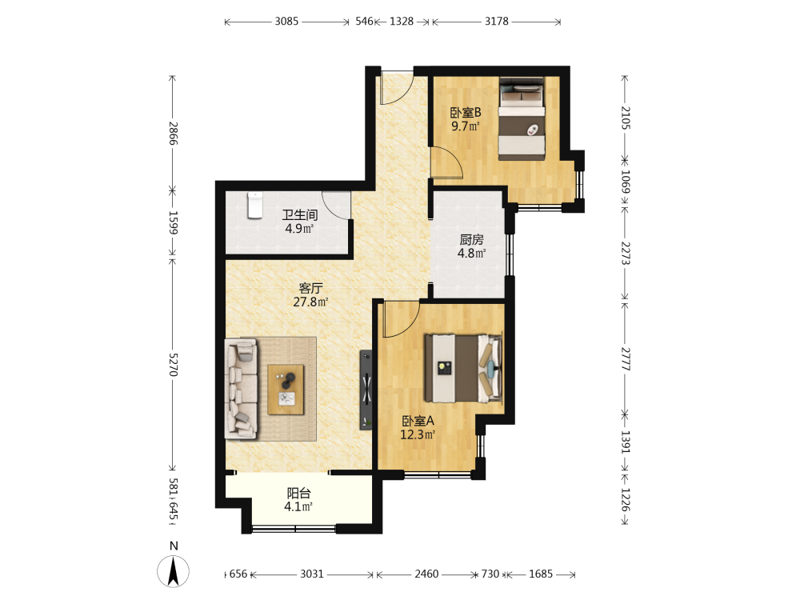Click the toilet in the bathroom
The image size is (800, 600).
coord(254,205)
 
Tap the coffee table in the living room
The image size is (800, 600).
coord(286,390)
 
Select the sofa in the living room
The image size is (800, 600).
coord(241,388)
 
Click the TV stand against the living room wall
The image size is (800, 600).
coord(366,390)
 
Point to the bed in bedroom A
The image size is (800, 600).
coord(463,368)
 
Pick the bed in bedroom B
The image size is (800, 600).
coord(522,119)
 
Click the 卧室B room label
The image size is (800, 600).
coord(466,112)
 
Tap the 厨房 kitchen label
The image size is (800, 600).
coord(471,239)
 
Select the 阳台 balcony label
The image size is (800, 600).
coord(298,494)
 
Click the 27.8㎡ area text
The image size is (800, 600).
coord(310,302)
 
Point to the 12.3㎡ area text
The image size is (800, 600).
coord(418,434)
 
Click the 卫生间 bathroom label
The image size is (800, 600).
coord(299,215)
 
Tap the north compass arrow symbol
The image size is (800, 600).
coord(174,571)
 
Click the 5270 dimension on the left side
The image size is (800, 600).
coord(173,364)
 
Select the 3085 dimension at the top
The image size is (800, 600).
coord(286,22)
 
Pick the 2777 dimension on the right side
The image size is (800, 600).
coord(626,359)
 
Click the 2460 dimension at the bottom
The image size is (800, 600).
coord(426,574)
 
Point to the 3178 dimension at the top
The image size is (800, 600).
coord(497,22)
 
